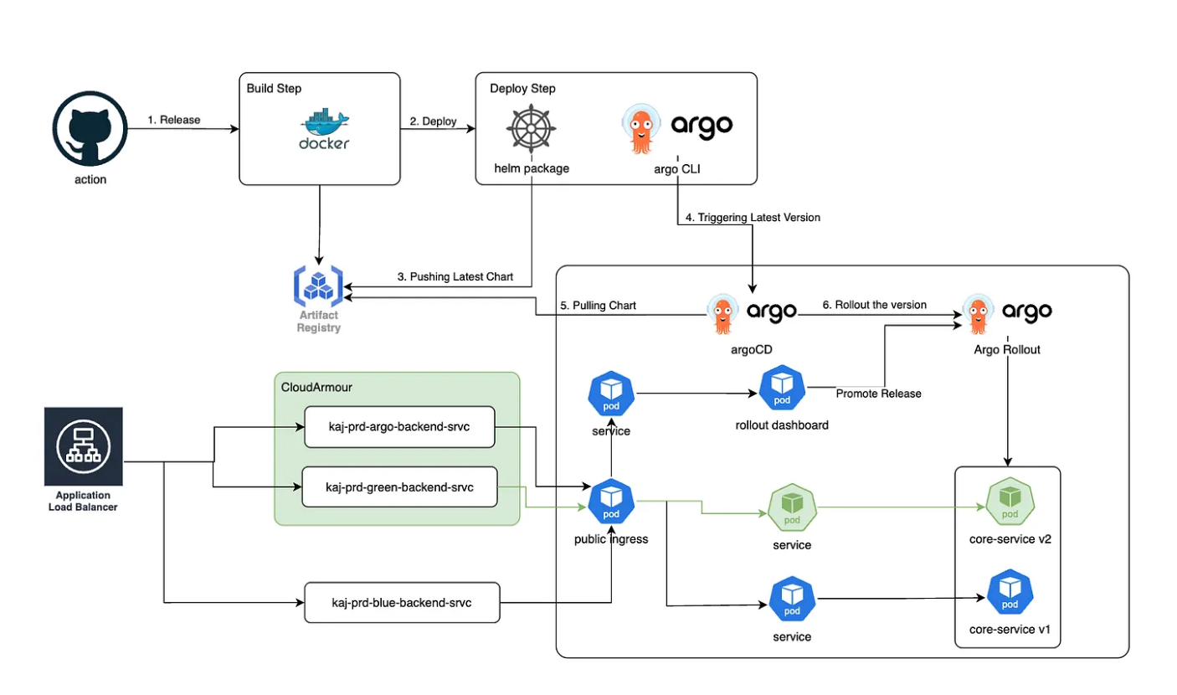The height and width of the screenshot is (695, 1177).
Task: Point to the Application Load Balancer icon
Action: [x=84, y=446]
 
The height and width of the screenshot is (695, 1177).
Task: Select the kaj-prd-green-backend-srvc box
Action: [x=399, y=486]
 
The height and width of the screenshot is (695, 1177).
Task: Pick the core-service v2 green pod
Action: [x=1009, y=502]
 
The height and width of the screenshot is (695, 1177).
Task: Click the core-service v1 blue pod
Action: [x=1009, y=593]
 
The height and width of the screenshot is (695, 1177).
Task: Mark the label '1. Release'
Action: [x=174, y=120]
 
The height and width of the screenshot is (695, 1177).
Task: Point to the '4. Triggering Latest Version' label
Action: [x=753, y=218]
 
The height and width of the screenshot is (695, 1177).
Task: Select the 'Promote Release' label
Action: [x=878, y=394]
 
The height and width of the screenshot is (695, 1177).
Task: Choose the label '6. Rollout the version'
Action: [x=874, y=305]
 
